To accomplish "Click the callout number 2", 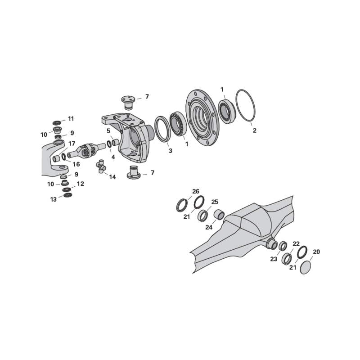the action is pos(254,130).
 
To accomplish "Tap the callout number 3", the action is pos(171,151).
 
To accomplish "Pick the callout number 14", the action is pos(112,177).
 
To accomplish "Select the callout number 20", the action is pos(316,252).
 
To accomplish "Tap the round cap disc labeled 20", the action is pos(306,267).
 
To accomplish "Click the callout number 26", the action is pos(196,191).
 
